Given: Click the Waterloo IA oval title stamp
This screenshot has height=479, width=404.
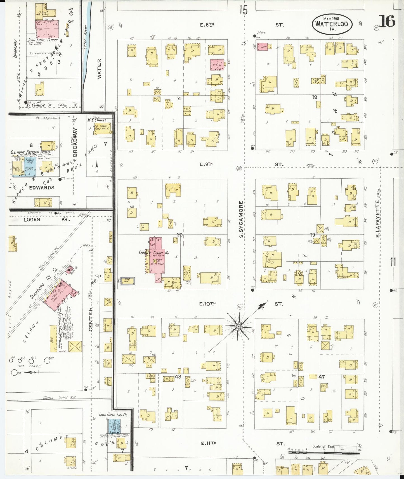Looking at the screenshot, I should tap(332, 24).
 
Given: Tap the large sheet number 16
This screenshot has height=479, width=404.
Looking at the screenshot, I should tap(387, 21).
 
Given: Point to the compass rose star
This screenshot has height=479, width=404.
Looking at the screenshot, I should tap(238, 326).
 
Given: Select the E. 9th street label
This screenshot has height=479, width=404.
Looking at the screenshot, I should tap(207, 164).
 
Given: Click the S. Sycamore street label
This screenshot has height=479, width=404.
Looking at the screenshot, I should tap(241, 219).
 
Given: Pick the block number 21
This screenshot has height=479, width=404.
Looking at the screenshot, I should tap(179, 98).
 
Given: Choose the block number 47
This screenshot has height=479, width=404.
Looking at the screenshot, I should tap(322, 377).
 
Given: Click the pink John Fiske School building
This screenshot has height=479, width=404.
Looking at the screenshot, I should tap(47, 29).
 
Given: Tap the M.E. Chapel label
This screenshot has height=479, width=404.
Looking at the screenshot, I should tap(96, 120).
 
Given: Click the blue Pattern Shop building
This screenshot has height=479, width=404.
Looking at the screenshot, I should tap(30, 167).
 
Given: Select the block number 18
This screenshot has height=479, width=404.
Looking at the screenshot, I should tap(315, 97).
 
